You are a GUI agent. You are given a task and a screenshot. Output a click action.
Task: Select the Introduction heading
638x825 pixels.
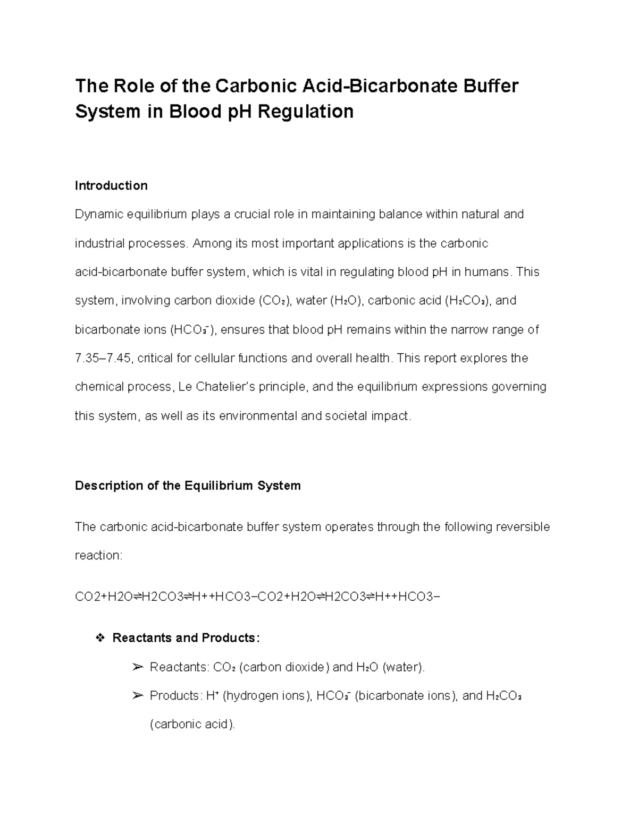[x=111, y=185]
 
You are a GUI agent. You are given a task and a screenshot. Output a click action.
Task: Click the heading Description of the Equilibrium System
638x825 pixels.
[x=188, y=486]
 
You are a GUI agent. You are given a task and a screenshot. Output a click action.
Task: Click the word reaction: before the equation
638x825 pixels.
[x=98, y=556]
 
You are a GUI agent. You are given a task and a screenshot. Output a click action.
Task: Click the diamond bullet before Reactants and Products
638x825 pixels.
[x=98, y=637]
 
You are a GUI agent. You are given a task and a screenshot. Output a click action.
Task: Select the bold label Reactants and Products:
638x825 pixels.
[x=186, y=637]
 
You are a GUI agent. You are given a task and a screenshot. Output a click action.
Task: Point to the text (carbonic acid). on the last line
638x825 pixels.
[x=192, y=724]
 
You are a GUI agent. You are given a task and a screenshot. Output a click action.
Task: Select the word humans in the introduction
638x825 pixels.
[x=487, y=272]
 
